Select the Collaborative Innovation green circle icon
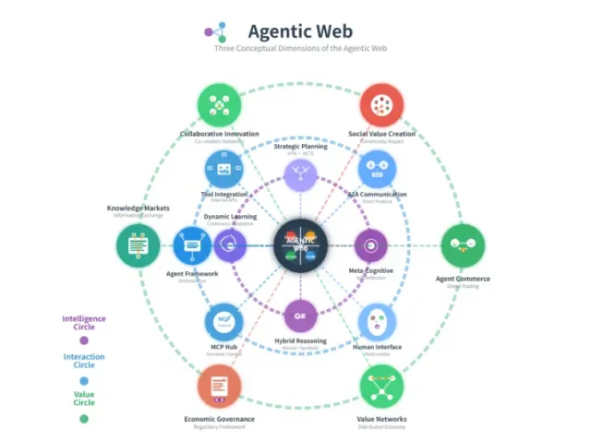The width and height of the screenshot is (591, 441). (x=219, y=105)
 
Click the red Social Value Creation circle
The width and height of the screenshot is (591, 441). (x=381, y=105)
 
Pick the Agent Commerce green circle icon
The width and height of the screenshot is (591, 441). (x=463, y=246)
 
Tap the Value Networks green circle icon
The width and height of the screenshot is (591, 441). (x=381, y=387)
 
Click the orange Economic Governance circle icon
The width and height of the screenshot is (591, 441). (x=219, y=387)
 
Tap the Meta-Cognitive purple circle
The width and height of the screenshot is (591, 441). (x=372, y=246)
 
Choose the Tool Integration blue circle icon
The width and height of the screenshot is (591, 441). (x=223, y=171)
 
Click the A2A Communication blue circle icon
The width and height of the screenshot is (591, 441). (x=378, y=171)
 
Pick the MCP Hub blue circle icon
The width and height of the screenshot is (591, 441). (x=223, y=322)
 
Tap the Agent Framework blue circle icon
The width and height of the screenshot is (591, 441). (x=193, y=246)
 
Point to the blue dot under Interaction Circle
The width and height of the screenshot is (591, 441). (x=84, y=379)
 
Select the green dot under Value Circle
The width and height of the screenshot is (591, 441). (x=84, y=418)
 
